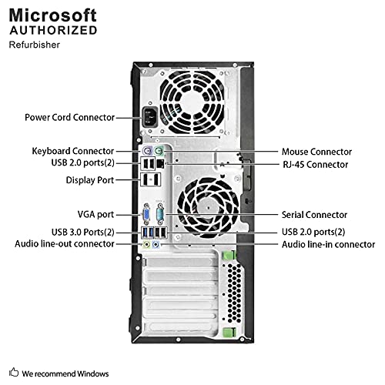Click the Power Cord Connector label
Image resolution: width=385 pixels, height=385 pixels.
click(x=69, y=118)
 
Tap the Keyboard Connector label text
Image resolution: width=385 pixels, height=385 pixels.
click(x=73, y=151)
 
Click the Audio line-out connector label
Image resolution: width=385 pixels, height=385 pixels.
click(x=65, y=243)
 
